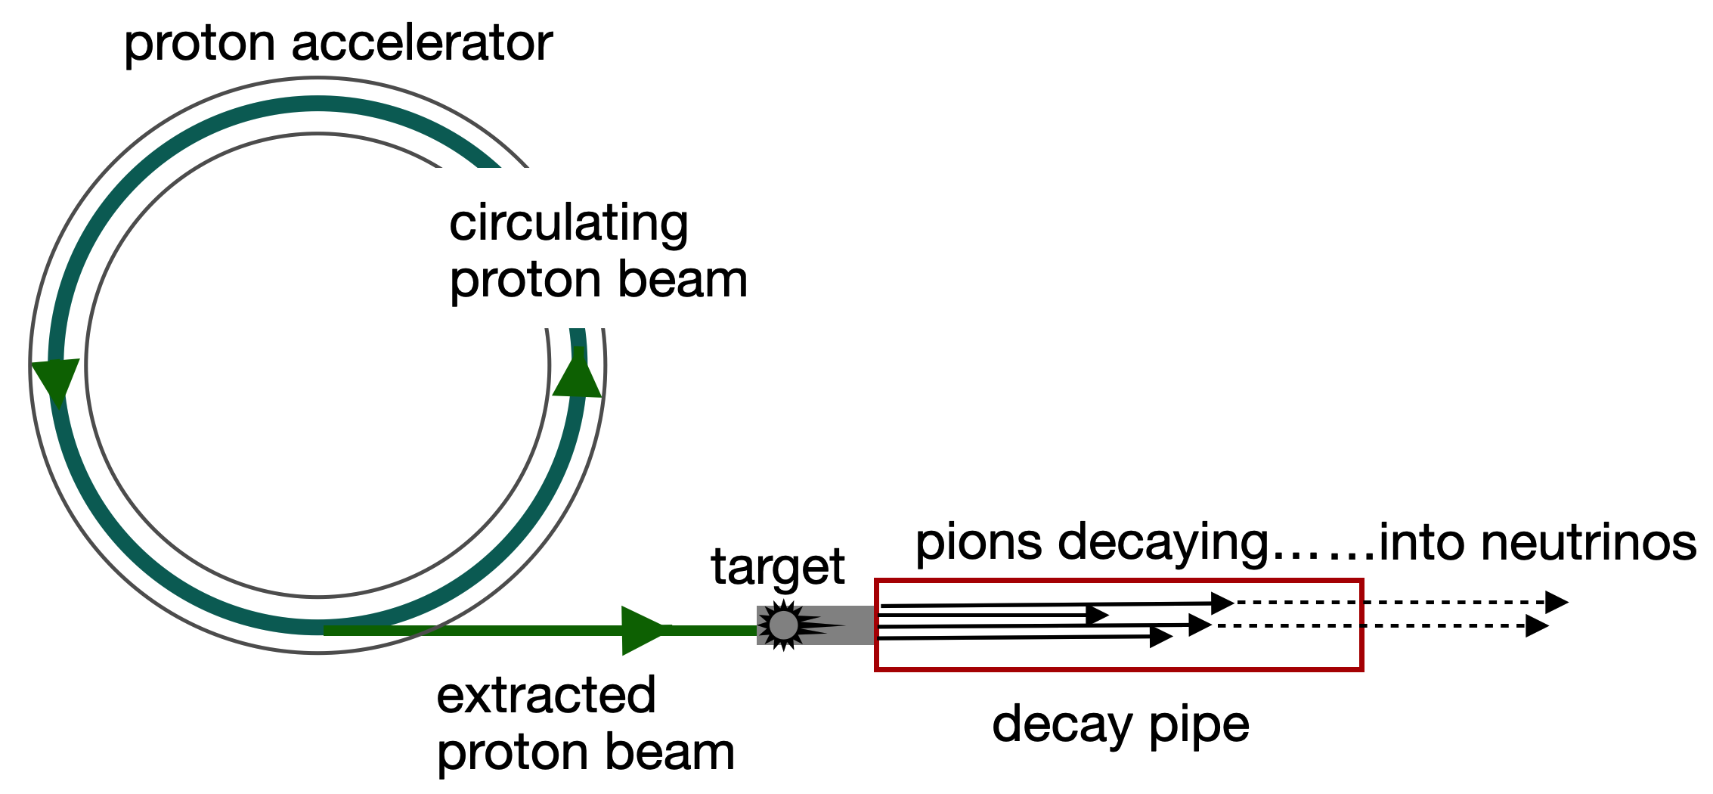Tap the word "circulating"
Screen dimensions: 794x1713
click(x=568, y=225)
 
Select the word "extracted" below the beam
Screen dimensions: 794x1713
click(x=546, y=696)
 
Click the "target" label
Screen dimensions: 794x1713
click(x=777, y=567)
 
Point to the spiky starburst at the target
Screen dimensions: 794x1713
click(x=784, y=625)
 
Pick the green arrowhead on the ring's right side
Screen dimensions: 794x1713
click(x=578, y=374)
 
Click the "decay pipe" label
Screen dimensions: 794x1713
click(x=1120, y=724)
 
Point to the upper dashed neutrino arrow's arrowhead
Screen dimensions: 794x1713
click(x=1556, y=603)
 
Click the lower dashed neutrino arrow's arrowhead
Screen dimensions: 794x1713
click(x=1536, y=626)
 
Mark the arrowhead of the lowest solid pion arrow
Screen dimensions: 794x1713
click(x=1160, y=637)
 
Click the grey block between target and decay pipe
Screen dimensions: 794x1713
click(x=847, y=625)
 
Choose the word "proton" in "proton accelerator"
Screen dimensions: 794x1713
click(x=199, y=45)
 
